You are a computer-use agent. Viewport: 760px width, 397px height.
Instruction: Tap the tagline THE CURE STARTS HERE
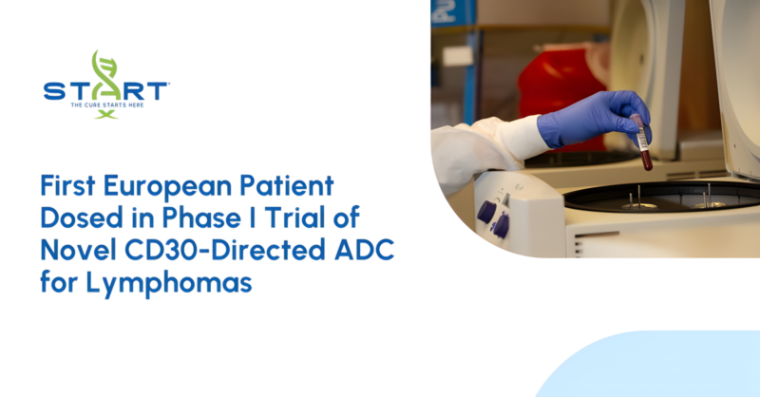pos(105,104)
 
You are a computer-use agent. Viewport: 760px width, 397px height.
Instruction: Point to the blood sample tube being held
pos(643,141)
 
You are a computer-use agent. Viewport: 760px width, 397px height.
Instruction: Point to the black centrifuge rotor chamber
pos(665,196)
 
